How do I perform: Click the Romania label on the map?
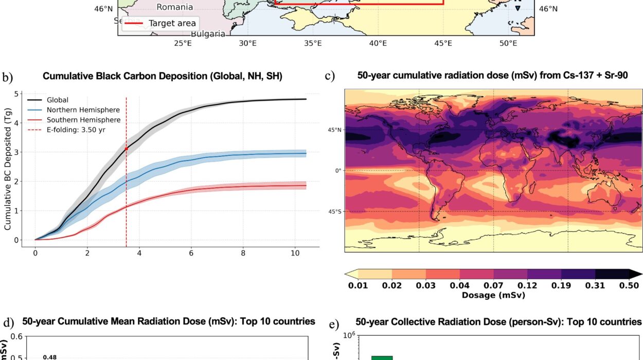pyautogui.click(x=175, y=7)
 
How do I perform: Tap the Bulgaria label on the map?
pyautogui.click(x=208, y=34)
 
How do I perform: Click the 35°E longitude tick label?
pyautogui.click(x=313, y=44)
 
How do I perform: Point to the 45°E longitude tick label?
pyautogui.click(x=443, y=44)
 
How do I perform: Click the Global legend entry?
pyautogui.click(x=57, y=100)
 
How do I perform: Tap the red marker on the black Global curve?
pyautogui.click(x=126, y=149)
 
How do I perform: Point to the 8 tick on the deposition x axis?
pyautogui.click(x=243, y=253)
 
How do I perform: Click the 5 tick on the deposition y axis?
pyautogui.click(x=17, y=94)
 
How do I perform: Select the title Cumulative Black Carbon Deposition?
pyautogui.click(x=163, y=76)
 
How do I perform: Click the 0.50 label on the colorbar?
pyautogui.click(x=629, y=286)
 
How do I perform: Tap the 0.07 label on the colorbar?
pyautogui.click(x=493, y=286)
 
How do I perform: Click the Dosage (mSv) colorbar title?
pyautogui.click(x=493, y=295)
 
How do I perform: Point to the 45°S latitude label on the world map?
pyautogui.click(x=335, y=211)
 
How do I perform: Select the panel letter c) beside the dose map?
pyautogui.click(x=330, y=76)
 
